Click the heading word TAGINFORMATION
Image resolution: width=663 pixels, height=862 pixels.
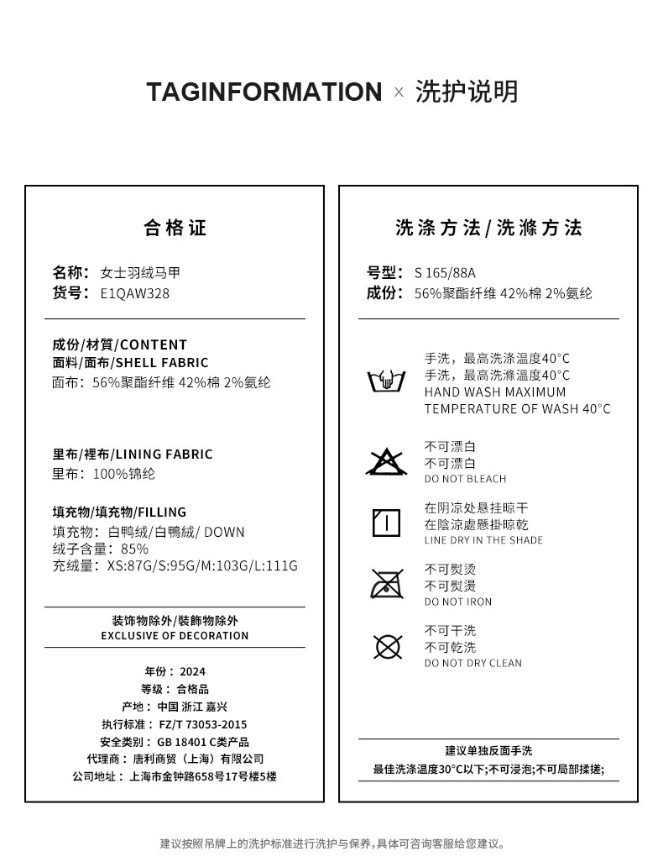click(264, 92)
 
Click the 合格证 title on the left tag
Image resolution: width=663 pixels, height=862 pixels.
click(175, 228)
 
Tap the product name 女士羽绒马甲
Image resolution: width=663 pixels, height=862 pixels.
click(140, 272)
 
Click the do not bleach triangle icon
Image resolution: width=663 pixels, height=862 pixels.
click(386, 461)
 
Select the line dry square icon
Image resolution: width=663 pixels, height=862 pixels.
click(386, 523)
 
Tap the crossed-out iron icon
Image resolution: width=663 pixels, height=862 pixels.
click(386, 584)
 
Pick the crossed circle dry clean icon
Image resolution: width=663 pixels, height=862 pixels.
click(387, 646)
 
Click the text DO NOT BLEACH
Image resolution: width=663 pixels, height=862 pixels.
click(465, 479)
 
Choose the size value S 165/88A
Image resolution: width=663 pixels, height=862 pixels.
click(445, 272)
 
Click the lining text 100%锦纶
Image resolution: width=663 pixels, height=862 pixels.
click(123, 474)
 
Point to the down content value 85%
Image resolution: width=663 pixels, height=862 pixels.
click(134, 549)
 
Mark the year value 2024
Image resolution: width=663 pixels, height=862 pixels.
click(192, 671)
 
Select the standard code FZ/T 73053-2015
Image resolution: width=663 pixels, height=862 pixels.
click(203, 724)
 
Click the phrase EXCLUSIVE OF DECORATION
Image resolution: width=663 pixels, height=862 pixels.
click(175, 636)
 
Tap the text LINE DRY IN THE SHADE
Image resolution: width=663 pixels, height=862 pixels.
click(483, 540)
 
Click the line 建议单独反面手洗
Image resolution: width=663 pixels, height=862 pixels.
click(488, 750)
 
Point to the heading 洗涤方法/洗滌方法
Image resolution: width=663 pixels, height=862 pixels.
click(488, 228)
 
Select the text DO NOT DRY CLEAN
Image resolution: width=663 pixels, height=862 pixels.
click(472, 663)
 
